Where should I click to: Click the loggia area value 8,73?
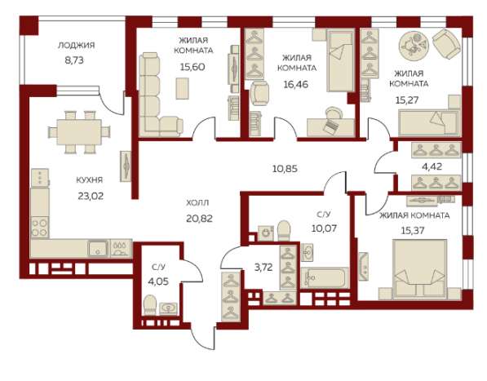pos(74,60)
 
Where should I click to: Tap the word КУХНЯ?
pos(90,179)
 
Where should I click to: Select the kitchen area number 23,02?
pos(91,196)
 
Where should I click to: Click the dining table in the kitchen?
pos(79,132)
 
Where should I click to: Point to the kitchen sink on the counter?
pos(98,248)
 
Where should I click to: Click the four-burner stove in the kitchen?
pos(40,228)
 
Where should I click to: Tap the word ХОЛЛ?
pos(197,203)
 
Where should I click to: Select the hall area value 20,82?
pos(199,219)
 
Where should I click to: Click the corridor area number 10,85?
pos(285,169)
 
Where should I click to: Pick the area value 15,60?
pos(193,67)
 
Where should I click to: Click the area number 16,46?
pos(295,84)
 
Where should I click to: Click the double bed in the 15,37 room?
pos(419,269)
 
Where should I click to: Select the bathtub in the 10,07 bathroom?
pos(325,277)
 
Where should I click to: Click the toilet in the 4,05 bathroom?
pos(150,305)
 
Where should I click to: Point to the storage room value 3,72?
pos(263,267)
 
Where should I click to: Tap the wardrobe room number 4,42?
pos(432,166)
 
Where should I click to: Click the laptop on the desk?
pos(330,126)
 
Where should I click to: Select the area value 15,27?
pos(407,100)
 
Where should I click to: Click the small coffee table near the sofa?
pos(182,88)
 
